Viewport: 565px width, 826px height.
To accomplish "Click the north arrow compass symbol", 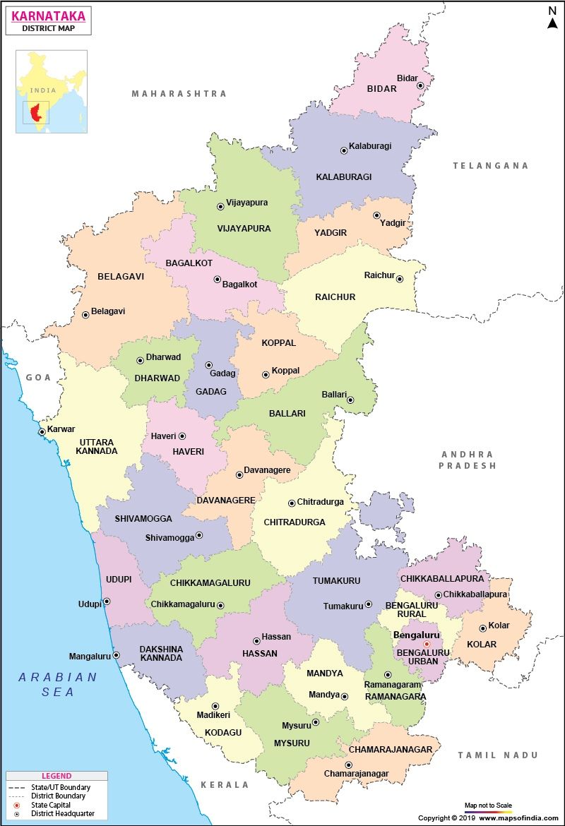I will click(552, 18).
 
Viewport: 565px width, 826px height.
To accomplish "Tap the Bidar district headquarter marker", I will click(420, 85).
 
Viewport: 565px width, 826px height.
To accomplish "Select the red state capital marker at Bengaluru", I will click(427, 644).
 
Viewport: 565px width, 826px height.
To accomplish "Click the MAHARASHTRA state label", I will click(179, 93).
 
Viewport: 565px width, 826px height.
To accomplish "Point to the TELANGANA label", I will click(490, 165).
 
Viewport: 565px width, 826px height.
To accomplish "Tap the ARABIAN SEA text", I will click(58, 684).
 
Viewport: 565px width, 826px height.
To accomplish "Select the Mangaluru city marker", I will click(117, 655).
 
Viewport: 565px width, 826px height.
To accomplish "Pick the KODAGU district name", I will click(223, 733).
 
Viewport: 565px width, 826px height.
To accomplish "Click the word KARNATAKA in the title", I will click(49, 16).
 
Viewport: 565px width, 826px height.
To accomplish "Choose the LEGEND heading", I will click(56, 776).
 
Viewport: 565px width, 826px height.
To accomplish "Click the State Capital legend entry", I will click(51, 805).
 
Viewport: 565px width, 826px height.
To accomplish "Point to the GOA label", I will click(39, 377).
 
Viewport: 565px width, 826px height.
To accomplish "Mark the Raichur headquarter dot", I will click(399, 279).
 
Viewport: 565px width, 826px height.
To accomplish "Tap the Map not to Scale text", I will click(487, 805).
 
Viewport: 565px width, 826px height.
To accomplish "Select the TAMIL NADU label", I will click(497, 755).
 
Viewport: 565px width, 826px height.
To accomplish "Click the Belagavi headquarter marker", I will click(85, 315).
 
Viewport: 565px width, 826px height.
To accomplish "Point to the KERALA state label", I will click(225, 784).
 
